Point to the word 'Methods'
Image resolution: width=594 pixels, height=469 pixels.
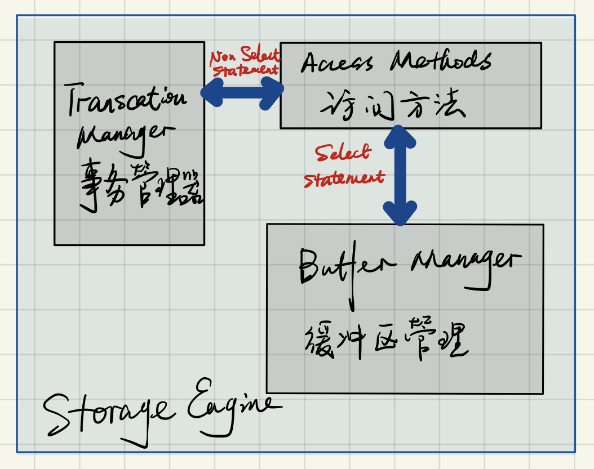pyautogui.click(x=440, y=60)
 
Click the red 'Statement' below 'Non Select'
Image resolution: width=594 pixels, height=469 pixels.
pyautogui.click(x=246, y=71)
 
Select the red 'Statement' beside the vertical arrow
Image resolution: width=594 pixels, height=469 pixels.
pyautogui.click(x=343, y=178)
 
